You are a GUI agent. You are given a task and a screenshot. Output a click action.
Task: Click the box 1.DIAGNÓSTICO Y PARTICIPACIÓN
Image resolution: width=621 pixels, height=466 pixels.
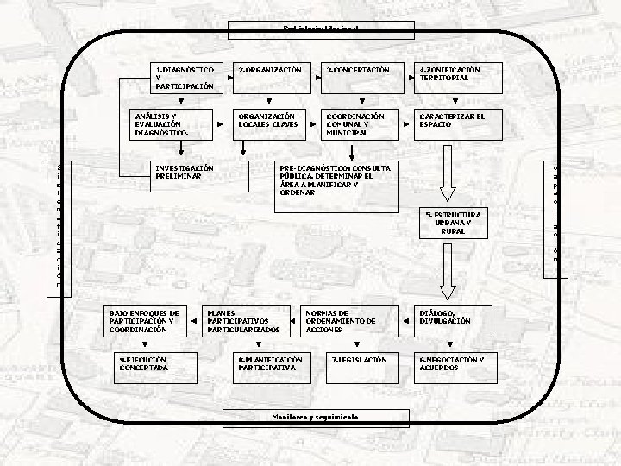[185, 78]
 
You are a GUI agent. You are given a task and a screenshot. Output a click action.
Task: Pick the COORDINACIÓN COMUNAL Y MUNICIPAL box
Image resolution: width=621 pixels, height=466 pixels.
[360, 125]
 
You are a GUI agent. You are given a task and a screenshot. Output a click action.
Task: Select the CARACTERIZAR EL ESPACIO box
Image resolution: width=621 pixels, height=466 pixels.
[452, 125]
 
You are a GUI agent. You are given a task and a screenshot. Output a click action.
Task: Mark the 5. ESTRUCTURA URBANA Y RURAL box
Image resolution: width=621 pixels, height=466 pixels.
[452, 223]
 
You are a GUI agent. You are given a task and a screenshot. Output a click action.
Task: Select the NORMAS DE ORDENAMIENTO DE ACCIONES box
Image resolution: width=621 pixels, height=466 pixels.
[348, 321]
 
